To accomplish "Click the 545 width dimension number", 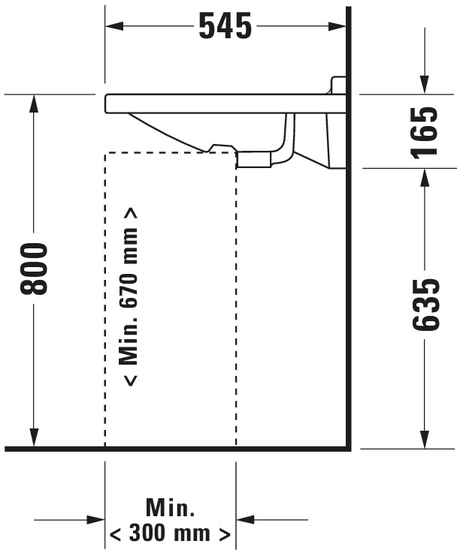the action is (225, 26).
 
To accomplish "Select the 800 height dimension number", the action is (34, 269).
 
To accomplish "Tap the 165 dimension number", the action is (425, 133).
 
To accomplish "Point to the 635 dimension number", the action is (425, 305).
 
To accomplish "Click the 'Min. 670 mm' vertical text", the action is (129, 297).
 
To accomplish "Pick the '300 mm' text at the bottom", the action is (170, 533).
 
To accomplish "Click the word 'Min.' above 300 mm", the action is (170, 507).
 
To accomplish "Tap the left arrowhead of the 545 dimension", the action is (114, 26).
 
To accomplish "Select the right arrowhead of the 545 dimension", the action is (337, 26).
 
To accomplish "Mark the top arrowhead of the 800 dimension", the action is (34, 104).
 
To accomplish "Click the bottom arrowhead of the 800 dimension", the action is (34, 438).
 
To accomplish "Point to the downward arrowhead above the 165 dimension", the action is (425, 86).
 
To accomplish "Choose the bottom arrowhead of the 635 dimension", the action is (425, 439).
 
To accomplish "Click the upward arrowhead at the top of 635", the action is (425, 178).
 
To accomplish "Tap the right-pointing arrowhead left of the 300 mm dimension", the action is (96, 520).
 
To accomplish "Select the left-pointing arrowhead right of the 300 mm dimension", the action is (245, 520).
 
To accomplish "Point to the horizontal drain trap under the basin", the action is (254, 159).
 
